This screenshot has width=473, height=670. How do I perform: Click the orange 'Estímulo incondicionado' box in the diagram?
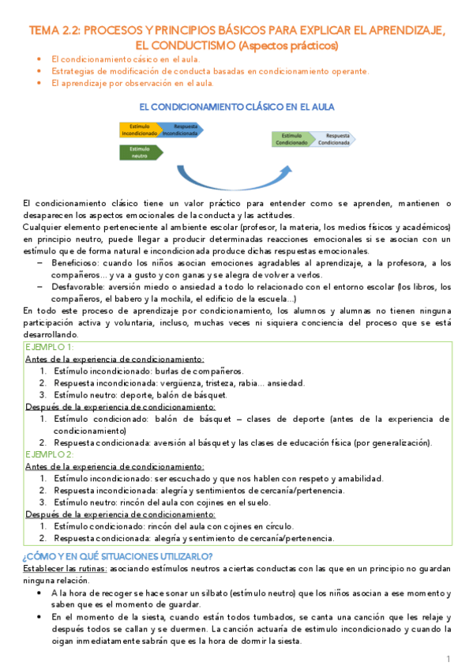click(x=138, y=130)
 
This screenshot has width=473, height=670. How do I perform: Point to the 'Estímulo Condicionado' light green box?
click(x=293, y=139)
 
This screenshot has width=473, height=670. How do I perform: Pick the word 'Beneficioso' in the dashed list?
click(x=74, y=262)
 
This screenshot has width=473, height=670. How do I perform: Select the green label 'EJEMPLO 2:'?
click(x=50, y=455)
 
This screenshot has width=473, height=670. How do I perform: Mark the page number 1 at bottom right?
click(x=448, y=658)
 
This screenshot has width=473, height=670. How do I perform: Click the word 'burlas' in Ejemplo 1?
click(x=159, y=371)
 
